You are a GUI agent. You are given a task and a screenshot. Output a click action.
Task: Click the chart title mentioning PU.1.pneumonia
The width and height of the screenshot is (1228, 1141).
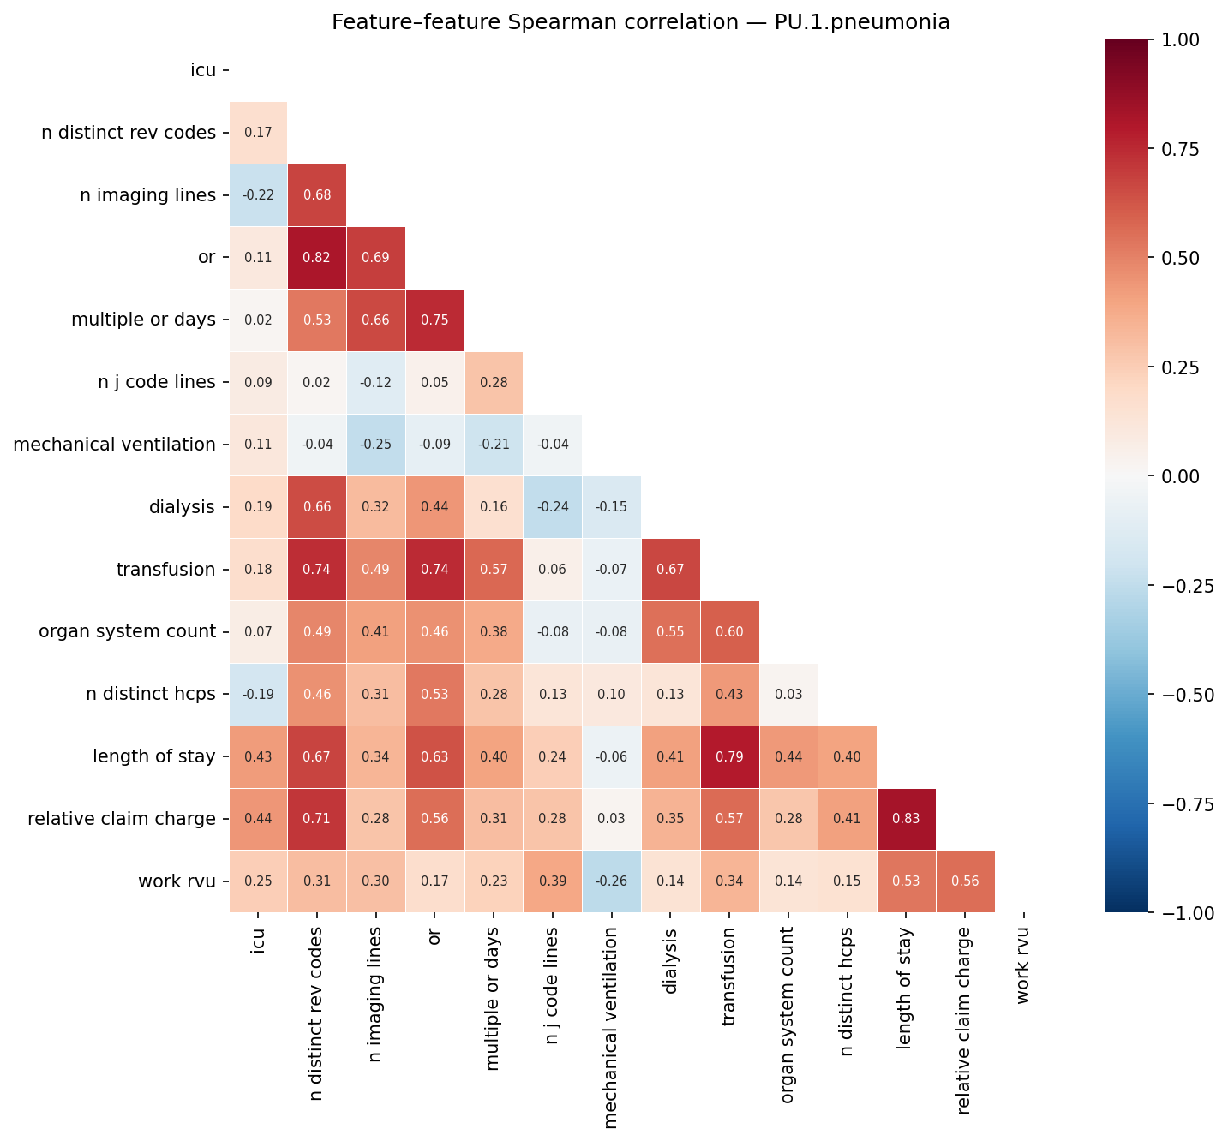pos(640,22)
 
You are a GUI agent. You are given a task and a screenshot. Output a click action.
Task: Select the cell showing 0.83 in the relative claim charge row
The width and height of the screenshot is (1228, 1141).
pos(907,819)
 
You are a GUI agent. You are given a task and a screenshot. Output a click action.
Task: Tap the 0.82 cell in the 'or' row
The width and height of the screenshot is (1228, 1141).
pos(317,258)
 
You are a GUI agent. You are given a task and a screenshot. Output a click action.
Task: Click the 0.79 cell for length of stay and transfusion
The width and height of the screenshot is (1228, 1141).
pos(729,756)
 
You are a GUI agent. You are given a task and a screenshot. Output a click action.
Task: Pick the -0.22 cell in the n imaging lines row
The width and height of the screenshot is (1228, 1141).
pos(258,195)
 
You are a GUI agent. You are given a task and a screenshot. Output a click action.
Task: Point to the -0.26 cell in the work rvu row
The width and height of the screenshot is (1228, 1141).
pos(612,881)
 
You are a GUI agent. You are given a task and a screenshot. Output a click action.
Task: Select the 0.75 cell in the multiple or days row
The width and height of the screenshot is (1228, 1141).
pos(434,320)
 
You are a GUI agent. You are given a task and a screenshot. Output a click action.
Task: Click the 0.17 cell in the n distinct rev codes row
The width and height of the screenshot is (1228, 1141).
pos(258,133)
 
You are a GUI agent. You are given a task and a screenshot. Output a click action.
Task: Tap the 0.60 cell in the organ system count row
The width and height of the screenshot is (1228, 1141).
pos(729,632)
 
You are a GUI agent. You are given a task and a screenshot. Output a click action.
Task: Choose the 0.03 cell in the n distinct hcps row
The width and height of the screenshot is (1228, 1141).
pos(788,694)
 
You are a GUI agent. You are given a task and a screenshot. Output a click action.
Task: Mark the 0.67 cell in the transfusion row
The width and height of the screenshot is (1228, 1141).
pos(671,570)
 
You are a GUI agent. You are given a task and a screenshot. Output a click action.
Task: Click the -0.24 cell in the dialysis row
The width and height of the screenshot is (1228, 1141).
pos(553,507)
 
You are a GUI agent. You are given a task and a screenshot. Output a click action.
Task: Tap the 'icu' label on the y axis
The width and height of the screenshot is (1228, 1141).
pos(203,70)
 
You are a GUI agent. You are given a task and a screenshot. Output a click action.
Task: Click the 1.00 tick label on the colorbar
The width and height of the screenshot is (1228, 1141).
pos(1183,39)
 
